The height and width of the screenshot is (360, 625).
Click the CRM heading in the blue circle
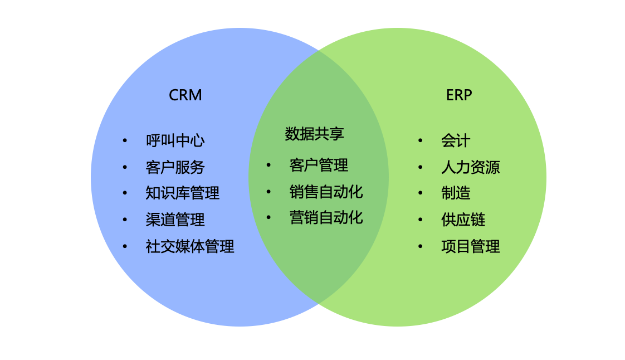(185, 95)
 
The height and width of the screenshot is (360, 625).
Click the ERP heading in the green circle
(458, 95)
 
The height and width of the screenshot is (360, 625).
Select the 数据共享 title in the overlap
(314, 134)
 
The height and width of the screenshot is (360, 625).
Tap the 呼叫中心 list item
(175, 140)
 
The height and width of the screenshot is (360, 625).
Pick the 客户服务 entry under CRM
(175, 167)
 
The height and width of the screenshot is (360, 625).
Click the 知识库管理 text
(182, 193)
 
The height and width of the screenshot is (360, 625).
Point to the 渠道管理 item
(175, 220)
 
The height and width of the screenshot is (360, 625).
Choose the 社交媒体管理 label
(189, 246)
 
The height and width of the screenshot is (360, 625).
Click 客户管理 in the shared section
(319, 166)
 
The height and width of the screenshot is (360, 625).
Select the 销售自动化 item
(326, 192)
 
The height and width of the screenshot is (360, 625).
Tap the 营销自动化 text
(326, 217)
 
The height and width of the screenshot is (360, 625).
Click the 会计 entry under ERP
(456, 140)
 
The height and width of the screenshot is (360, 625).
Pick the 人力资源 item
(470, 167)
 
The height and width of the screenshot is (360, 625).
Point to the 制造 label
(456, 193)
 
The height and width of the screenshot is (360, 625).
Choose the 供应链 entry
(463, 220)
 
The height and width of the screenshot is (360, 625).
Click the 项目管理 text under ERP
(470, 246)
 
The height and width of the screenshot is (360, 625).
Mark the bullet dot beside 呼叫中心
(125, 140)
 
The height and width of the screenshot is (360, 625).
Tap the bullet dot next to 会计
(420, 140)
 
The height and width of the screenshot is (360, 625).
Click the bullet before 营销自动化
(268, 217)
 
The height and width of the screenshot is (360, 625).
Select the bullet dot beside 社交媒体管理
(125, 246)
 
